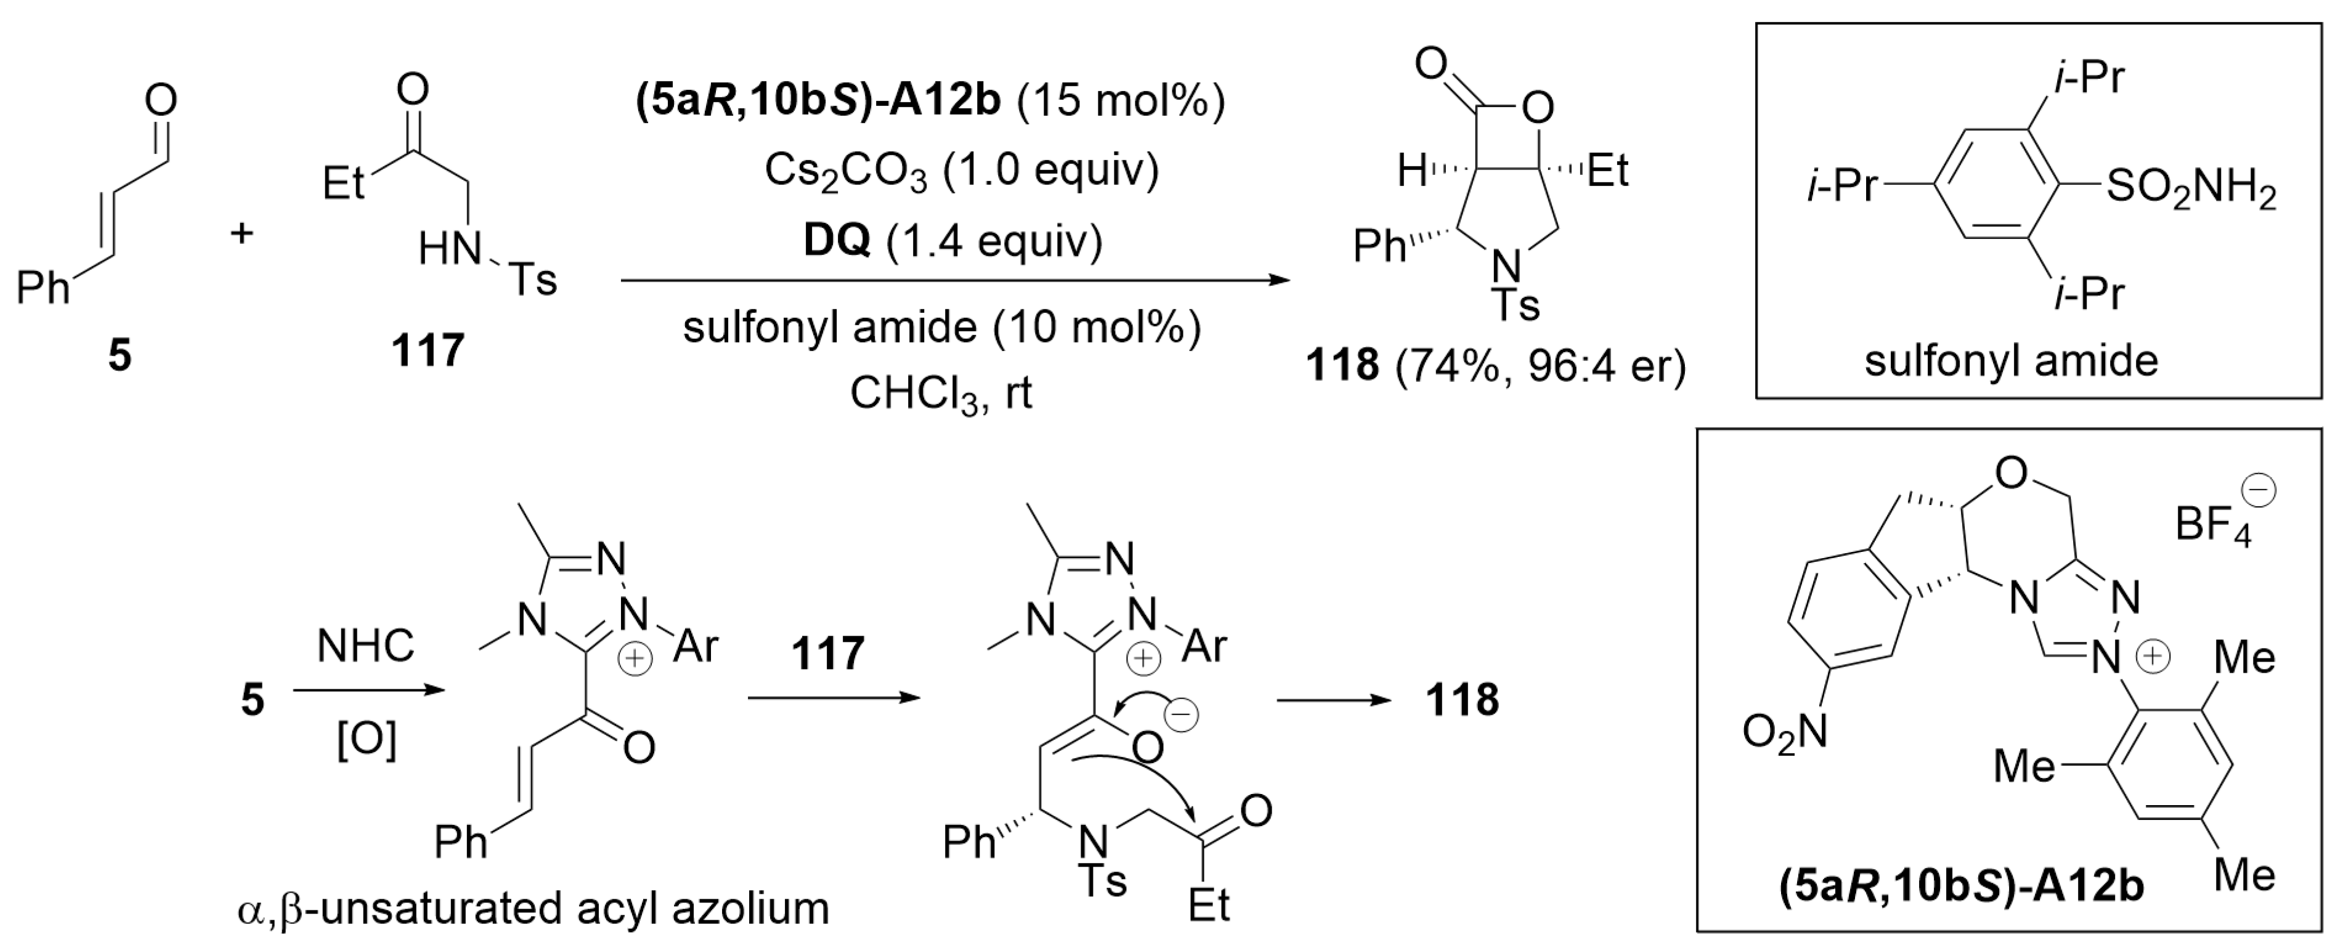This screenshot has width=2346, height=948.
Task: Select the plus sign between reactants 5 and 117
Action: click(241, 234)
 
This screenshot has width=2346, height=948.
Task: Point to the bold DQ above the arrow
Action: click(836, 240)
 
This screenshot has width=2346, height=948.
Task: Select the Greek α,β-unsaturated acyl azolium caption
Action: click(533, 908)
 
